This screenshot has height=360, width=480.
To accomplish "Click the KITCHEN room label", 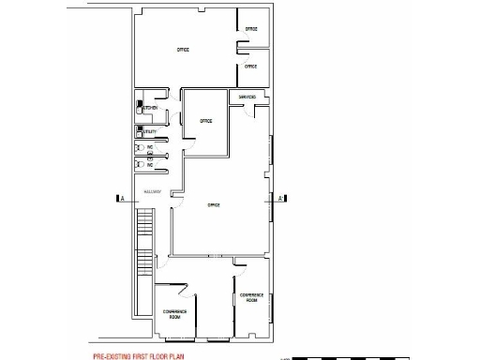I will [151, 109].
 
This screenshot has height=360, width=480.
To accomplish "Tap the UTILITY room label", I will [151, 132].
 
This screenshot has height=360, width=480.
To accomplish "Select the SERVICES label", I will [247, 97].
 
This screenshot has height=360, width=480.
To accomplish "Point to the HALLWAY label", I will [152, 193].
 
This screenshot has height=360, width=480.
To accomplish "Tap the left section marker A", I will [120, 198].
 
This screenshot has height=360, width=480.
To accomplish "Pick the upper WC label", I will [150, 147].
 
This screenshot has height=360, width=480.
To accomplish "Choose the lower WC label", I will [150, 165].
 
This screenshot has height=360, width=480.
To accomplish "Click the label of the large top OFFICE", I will [183, 49].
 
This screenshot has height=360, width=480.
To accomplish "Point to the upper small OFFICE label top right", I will [250, 30].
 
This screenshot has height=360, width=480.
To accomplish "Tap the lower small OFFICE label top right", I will [250, 67].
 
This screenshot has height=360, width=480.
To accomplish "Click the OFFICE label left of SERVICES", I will [205, 121].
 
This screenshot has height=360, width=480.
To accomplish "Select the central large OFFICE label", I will [213, 205].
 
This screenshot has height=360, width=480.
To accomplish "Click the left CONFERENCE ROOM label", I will [174, 314].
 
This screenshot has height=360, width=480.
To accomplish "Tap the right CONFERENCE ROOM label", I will [250, 297].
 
